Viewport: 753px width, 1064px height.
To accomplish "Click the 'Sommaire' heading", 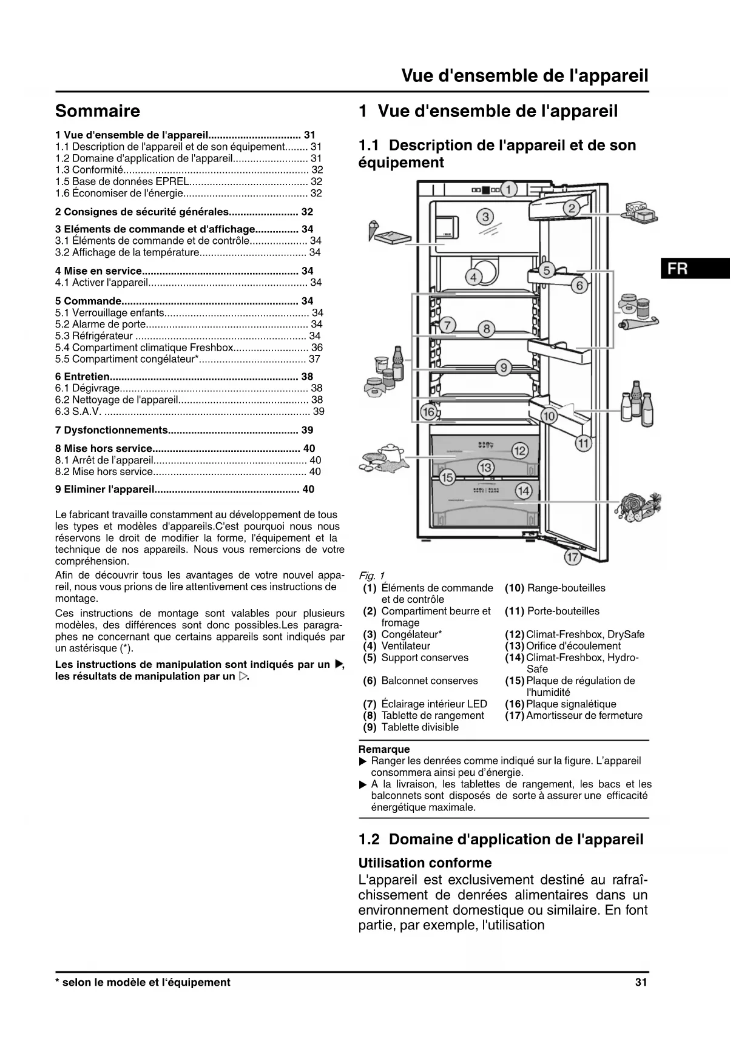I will [97, 111].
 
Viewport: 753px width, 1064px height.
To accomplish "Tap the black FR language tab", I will [695, 268].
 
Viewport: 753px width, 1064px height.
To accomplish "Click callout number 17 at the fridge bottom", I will [572, 556].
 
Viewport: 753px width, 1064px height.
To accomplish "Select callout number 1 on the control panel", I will [508, 189].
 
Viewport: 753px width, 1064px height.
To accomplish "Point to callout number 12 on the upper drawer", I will [520, 451].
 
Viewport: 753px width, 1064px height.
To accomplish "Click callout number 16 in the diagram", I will [428, 412].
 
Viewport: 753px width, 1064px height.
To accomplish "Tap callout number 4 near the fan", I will [473, 277].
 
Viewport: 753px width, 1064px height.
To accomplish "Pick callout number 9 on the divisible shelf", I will [503, 368].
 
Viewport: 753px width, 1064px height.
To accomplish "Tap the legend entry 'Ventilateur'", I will [405, 646].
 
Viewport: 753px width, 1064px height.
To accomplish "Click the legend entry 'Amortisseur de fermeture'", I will [584, 715].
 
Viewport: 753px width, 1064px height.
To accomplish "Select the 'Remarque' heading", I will [384, 749].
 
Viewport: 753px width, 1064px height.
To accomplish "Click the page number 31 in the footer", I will [641, 982].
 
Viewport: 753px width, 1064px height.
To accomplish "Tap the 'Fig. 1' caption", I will [371, 576].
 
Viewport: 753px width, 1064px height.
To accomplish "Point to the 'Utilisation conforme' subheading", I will [425, 863].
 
